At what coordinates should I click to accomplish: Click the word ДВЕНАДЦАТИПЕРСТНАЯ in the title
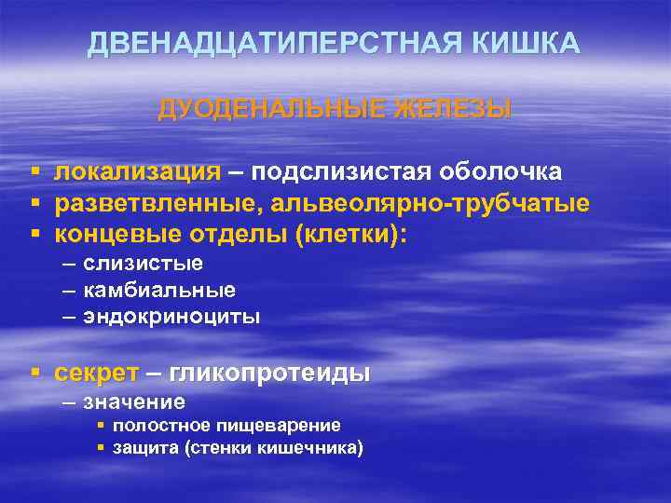(x=281, y=44)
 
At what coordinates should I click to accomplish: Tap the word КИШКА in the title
(x=530, y=44)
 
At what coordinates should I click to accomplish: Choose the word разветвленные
(x=147, y=203)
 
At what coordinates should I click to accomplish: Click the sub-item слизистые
(x=143, y=264)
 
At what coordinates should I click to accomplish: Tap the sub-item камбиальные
(x=159, y=290)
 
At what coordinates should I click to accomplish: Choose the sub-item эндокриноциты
(x=171, y=317)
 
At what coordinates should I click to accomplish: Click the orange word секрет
(x=97, y=373)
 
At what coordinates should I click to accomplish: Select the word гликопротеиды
(x=270, y=373)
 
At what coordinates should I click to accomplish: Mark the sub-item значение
(x=134, y=402)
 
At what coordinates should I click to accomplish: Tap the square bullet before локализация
(x=34, y=173)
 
